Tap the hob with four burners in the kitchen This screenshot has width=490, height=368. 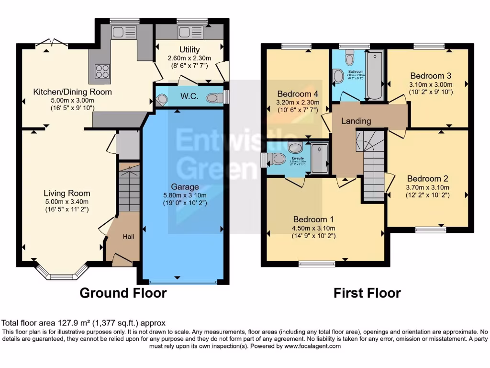[x=102, y=71]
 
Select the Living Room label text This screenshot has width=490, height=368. [x=67, y=193]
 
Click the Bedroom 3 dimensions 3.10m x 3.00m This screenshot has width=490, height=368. [x=431, y=85]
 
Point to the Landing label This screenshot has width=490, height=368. [x=356, y=121]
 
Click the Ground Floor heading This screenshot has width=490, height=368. [x=123, y=293]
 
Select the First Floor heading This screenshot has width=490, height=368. [x=367, y=293]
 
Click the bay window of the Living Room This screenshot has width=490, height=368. [x=61, y=275]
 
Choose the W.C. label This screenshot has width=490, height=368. [x=189, y=96]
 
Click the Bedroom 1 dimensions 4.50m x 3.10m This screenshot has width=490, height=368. [x=314, y=228]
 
